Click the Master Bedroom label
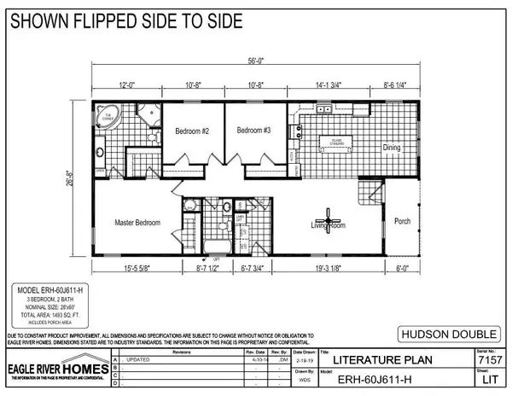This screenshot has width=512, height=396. tap(137, 222)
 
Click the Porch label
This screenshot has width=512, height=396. tap(402, 221)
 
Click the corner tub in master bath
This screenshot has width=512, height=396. tap(108, 114)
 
